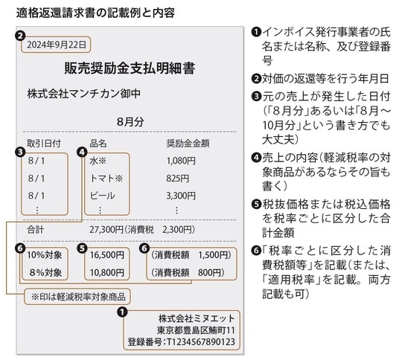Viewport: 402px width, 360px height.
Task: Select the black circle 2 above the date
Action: point(20,33)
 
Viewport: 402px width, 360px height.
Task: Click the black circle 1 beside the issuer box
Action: point(121,312)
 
